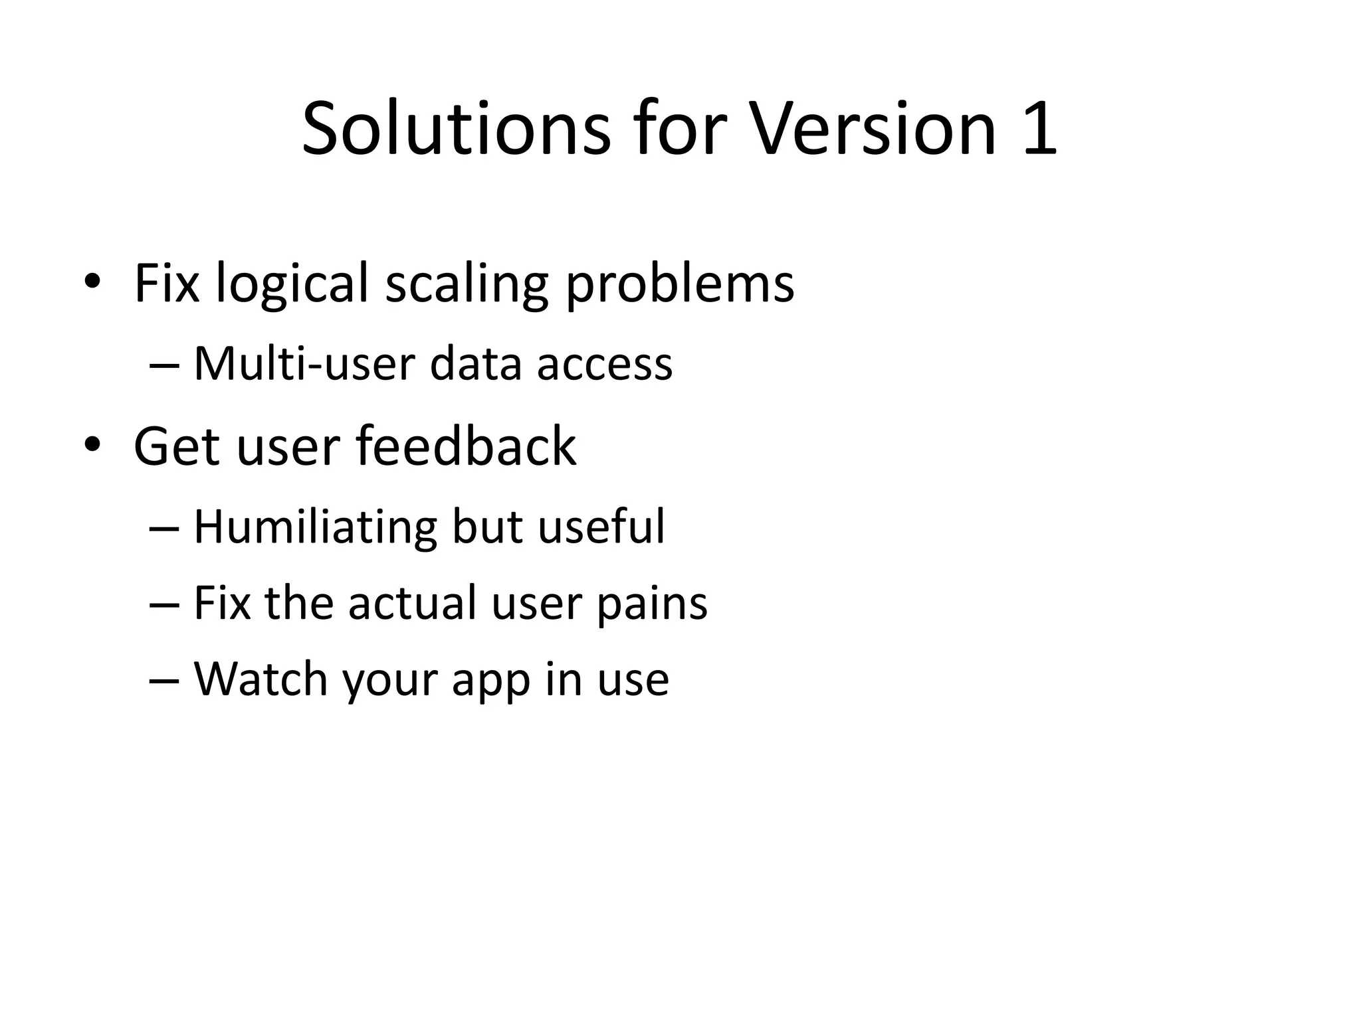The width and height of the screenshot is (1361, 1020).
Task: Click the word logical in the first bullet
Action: (x=291, y=284)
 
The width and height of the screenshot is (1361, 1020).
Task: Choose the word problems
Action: (x=679, y=284)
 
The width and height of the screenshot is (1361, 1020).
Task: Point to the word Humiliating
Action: (x=315, y=527)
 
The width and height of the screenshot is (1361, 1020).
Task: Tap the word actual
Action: (x=411, y=603)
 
